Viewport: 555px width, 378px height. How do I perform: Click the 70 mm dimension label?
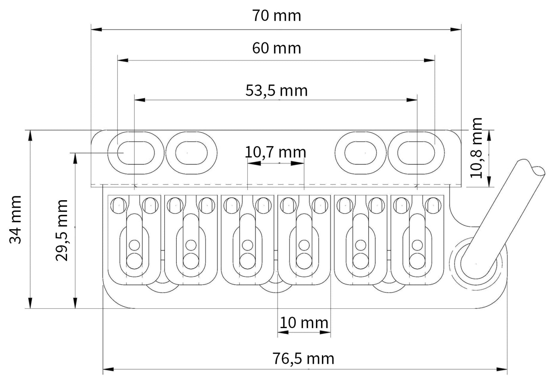(x=277, y=16)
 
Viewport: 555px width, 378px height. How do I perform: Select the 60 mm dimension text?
(x=277, y=48)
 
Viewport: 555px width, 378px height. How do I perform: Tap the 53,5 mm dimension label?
(x=277, y=91)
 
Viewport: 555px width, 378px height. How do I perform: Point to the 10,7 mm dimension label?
(x=275, y=152)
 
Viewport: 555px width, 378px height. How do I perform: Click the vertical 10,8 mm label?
(x=476, y=148)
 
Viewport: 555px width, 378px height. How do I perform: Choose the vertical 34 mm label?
(x=15, y=220)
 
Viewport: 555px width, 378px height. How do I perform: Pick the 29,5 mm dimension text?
(x=61, y=230)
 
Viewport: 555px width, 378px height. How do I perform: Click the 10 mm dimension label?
(x=304, y=323)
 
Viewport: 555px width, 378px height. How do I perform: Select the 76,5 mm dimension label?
(x=303, y=359)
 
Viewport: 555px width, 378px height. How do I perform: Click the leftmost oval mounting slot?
(x=136, y=153)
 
